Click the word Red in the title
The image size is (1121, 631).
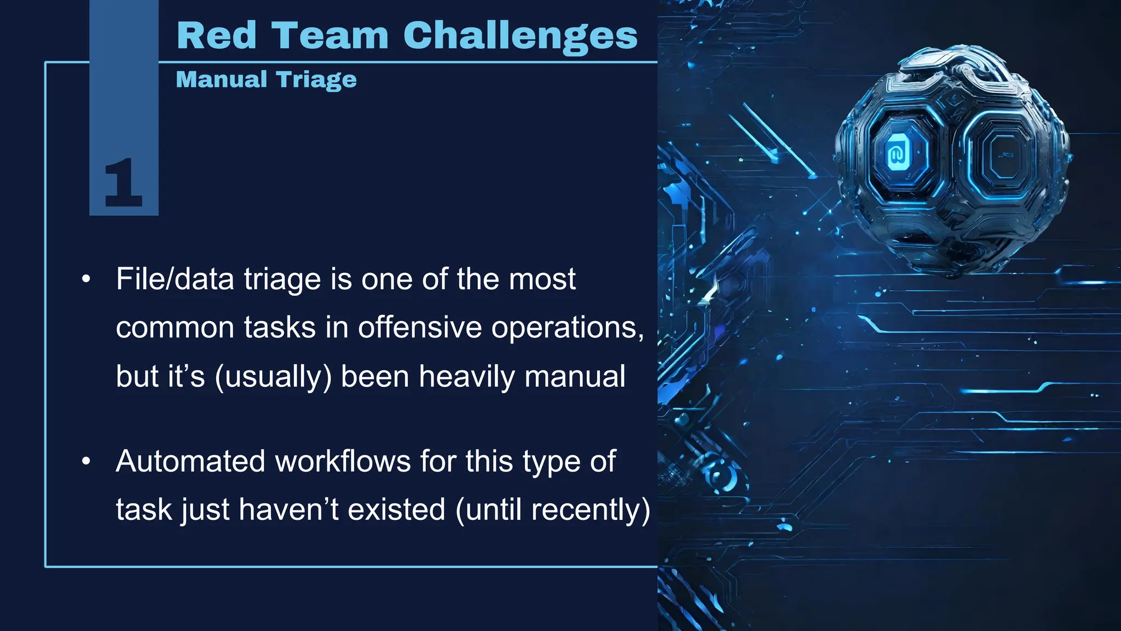tap(217, 36)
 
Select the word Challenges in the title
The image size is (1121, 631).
tap(520, 36)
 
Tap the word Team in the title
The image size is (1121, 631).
tap(330, 36)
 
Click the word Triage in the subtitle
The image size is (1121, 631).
tap(316, 80)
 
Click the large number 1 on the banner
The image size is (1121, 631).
tap(123, 183)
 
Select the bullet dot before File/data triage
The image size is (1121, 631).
tap(86, 279)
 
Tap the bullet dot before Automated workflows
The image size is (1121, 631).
tap(86, 461)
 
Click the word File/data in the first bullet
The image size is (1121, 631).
tap(176, 279)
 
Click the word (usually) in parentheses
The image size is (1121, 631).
tap(273, 377)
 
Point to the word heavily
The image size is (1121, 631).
tap(467, 377)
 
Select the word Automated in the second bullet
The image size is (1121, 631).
tap(190, 461)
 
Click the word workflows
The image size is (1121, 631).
tap(343, 461)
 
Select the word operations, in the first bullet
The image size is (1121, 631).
tap(568, 328)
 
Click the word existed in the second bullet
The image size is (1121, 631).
tap(397, 509)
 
